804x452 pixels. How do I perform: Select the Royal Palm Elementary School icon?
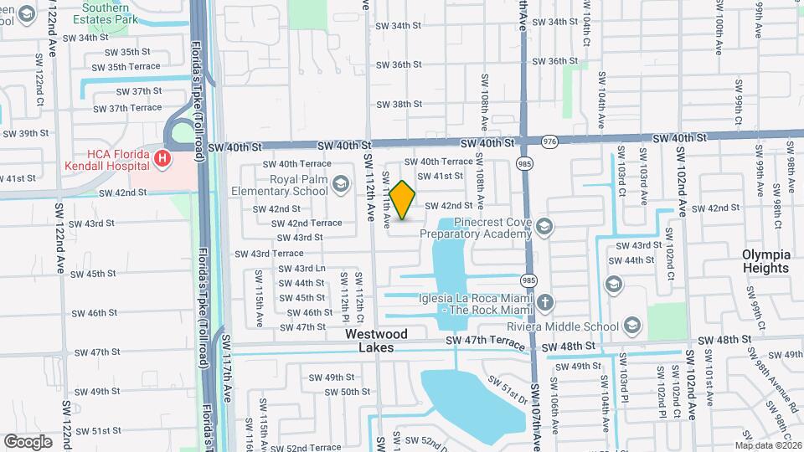click(341, 183)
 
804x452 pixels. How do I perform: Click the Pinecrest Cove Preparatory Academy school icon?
click(545, 227)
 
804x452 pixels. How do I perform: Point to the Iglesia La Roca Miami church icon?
click(545, 302)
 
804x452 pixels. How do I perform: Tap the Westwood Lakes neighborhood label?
click(377, 341)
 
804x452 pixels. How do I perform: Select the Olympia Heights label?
click(765, 261)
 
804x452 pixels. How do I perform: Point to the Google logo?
click(28, 441)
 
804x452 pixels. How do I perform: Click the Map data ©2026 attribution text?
click(768, 445)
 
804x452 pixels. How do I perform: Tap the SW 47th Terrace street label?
click(490, 340)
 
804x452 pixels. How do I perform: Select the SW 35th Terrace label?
click(126, 66)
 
